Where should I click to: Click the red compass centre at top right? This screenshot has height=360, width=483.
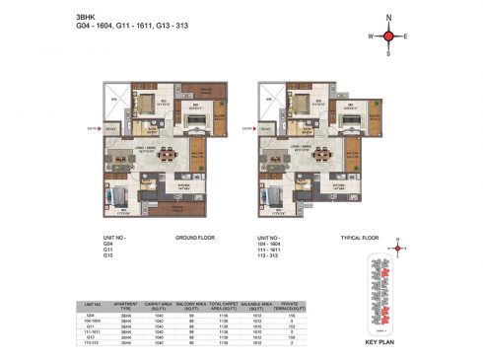click(x=389, y=36)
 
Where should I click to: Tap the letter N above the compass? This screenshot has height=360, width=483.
click(x=389, y=18)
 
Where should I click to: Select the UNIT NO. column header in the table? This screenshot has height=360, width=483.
click(x=94, y=307)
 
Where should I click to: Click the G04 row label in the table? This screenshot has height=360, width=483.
click(x=94, y=317)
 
